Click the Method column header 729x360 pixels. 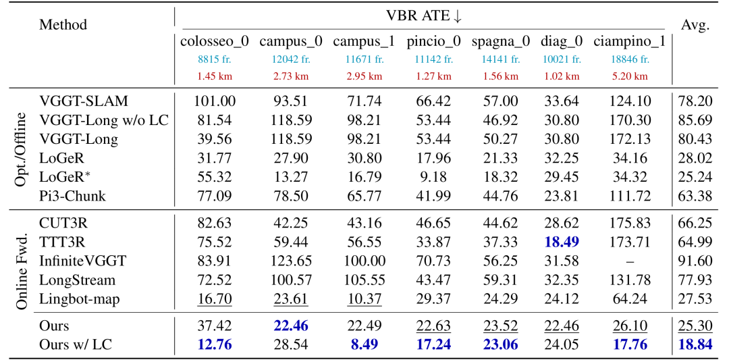click(63, 24)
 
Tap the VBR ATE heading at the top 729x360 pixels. click(424, 16)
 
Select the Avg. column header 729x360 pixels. click(695, 26)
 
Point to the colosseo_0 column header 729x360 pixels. click(215, 43)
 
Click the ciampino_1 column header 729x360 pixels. click(630, 43)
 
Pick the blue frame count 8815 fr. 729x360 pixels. click(214, 59)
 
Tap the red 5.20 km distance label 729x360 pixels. click(630, 76)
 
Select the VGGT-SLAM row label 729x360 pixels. click(84, 101)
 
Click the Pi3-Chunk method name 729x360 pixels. click(72, 197)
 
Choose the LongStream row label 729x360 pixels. click(77, 280)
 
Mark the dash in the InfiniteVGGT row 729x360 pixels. click(630, 261)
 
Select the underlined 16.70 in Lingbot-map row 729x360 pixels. click(215, 299)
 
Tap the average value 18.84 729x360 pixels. click(695, 345)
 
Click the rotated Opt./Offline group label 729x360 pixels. click(21, 148)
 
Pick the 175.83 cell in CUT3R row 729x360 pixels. click(630, 224)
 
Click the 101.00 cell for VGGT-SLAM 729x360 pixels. click(215, 101)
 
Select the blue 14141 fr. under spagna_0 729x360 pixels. click(500, 59)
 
